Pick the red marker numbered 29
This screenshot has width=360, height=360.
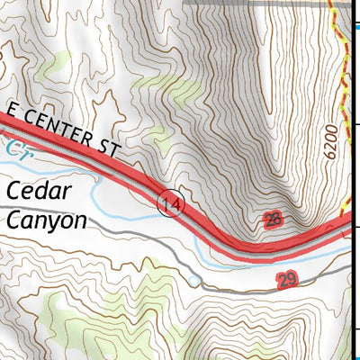pos(286,282)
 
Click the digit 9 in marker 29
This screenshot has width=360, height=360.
pos(291,282)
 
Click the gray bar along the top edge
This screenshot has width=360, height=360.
pos(270,4)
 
